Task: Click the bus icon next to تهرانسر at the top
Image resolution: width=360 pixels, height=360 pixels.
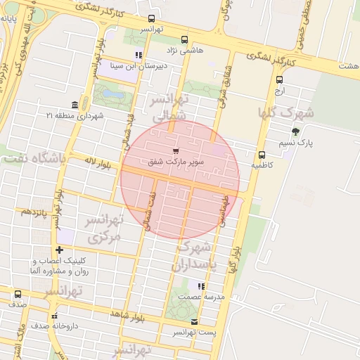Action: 152,19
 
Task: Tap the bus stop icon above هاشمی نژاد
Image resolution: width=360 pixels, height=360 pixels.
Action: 184,39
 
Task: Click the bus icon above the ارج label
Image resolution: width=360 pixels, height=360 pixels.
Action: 279,79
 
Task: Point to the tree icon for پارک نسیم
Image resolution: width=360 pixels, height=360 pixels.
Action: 295,131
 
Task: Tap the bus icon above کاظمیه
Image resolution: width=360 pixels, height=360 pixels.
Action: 262,155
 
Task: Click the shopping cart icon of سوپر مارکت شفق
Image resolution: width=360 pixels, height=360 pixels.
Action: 175,150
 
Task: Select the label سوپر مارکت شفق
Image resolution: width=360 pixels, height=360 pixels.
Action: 176,162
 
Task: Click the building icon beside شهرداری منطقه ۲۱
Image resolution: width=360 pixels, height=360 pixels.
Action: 75,104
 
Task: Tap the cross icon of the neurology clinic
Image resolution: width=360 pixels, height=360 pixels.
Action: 60,250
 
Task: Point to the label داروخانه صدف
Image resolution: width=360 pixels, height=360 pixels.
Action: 49,326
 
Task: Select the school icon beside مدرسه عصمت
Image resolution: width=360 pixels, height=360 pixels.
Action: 201,286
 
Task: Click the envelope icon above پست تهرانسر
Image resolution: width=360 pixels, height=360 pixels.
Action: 195,321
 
